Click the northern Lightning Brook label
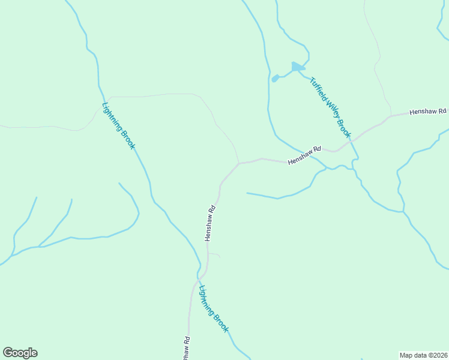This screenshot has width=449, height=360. pos(119,127)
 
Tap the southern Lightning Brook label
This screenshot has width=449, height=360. pos(214,309)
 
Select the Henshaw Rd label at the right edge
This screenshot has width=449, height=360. pos(428,112)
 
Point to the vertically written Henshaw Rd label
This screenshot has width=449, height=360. pos(209,223)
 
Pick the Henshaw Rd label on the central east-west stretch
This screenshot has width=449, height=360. pos(304,156)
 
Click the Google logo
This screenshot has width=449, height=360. pos(20,353)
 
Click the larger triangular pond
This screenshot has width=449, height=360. pos(297,67)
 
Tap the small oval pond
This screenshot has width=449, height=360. pos(275,79)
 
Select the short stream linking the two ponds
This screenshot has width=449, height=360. pos(285,74)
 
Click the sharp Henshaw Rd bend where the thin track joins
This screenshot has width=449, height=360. pos(239,163)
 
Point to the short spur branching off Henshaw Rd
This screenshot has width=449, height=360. pos(214,254)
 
